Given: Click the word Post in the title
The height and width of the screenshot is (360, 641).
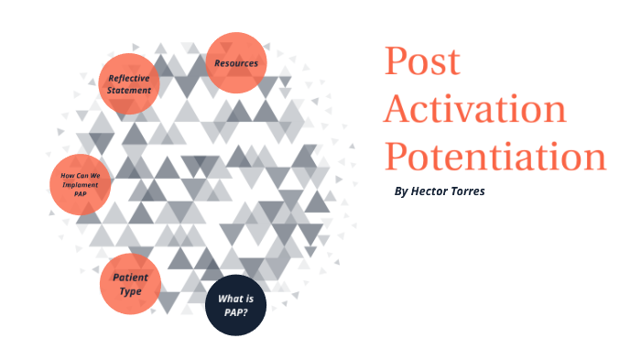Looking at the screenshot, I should [x=422, y=62].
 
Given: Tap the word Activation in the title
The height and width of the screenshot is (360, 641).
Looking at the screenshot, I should [x=475, y=110].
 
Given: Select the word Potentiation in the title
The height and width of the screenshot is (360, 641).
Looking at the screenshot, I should [x=494, y=157].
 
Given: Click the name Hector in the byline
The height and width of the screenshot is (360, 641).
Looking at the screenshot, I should [x=429, y=192].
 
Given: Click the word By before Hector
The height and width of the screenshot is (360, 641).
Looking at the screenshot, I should [x=399, y=192].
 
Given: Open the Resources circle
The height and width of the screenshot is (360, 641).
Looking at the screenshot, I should [x=236, y=63].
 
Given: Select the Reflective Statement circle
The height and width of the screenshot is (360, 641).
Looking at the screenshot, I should [x=129, y=83].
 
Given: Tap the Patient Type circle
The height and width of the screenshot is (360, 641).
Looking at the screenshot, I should [x=130, y=285].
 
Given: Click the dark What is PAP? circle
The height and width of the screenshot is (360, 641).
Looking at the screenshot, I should [x=235, y=305].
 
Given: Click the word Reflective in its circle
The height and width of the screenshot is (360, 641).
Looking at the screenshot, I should [x=129, y=78].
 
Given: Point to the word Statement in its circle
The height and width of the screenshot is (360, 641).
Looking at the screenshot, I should [x=129, y=91].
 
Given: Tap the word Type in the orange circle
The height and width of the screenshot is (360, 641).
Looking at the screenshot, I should [x=130, y=291].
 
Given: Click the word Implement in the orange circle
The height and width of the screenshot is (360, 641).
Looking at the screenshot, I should [x=81, y=183].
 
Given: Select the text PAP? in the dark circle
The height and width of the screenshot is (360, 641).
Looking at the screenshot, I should [x=235, y=312].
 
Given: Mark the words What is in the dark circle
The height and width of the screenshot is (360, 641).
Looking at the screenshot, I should [x=235, y=299].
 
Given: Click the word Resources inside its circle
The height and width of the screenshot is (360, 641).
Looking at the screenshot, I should [x=236, y=63].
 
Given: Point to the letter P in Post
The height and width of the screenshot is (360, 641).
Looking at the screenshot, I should [x=397, y=62].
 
